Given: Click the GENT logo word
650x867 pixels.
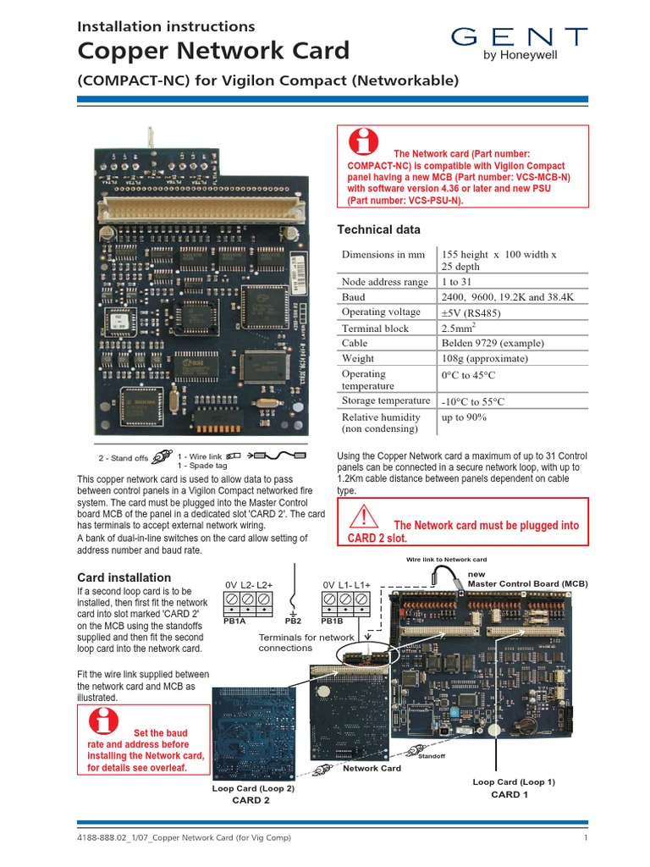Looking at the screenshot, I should (518, 36).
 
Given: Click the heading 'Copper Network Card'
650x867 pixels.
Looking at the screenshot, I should (213, 51).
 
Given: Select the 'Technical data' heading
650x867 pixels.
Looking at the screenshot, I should (378, 229).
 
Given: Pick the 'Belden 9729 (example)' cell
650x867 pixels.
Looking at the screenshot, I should (493, 343).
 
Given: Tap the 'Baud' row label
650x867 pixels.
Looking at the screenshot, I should (354, 297).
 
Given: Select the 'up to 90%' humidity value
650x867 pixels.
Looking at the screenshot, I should (464, 417).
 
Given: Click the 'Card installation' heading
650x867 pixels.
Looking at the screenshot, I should (124, 577).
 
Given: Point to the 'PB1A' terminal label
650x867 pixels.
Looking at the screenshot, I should (234, 621).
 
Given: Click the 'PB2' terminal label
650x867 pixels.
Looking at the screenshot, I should (294, 621).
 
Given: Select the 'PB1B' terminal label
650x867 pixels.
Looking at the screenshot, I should (333, 621).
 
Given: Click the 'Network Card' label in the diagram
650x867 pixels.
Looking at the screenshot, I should (372, 768).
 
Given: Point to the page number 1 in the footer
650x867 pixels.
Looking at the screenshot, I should (585, 838).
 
